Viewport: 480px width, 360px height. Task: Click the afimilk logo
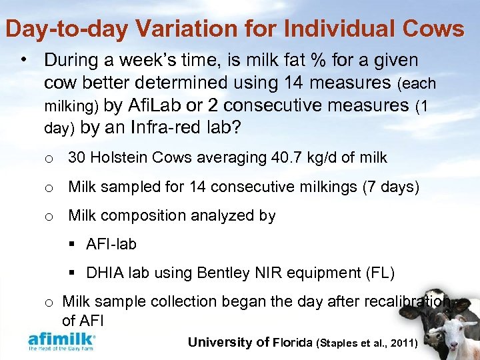pos(62,341)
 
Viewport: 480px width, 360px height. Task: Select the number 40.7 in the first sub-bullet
pos(284,158)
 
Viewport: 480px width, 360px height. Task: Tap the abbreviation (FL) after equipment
pos(381,273)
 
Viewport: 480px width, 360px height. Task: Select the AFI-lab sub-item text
pos(111,244)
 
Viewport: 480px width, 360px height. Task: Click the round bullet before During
pos(25,60)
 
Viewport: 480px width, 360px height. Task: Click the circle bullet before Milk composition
pos(49,216)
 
